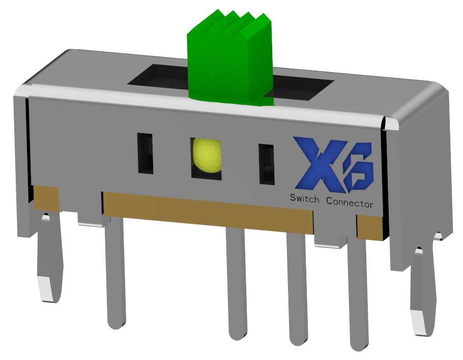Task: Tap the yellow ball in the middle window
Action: (207, 155)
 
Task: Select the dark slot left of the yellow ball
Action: (146, 154)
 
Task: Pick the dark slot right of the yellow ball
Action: (267, 164)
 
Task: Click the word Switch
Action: (304, 199)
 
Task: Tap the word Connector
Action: (350, 203)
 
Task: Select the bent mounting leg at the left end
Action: (50, 257)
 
